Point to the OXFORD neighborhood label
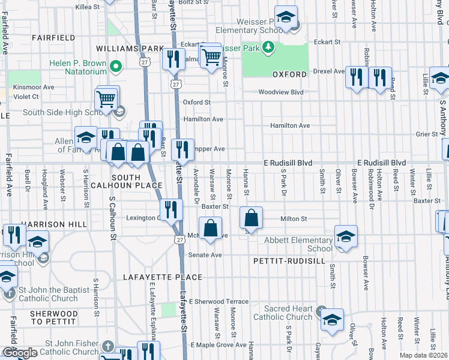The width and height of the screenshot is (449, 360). click(x=289, y=74)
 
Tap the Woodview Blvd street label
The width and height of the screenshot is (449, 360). click(x=281, y=92)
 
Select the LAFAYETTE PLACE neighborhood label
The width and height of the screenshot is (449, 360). click(x=162, y=277)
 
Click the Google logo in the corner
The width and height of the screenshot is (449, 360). click(x=20, y=353)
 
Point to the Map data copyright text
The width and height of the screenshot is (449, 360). click(x=424, y=355)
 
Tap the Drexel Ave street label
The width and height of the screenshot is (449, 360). click(x=330, y=71)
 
